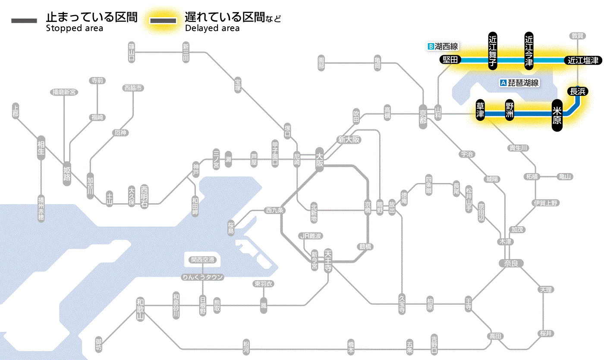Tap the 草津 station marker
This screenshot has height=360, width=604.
pyautogui.click(x=480, y=111)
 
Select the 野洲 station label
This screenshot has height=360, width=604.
pyautogui.click(x=510, y=111)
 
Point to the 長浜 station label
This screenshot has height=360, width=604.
pyautogui.click(x=577, y=92)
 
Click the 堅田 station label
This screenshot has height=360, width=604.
pyautogui.click(x=450, y=60)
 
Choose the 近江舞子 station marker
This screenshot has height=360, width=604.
pyautogui.click(x=493, y=50)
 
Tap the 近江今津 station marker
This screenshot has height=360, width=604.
pyautogui.click(x=529, y=50)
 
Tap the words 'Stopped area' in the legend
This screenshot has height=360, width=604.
pyautogui.click(x=74, y=28)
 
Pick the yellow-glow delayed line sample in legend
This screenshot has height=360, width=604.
pyautogui.click(x=163, y=21)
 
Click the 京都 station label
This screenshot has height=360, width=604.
pyautogui.click(x=423, y=116)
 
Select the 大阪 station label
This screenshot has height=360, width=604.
pyautogui.click(x=319, y=159)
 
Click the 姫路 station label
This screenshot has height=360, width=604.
pyautogui.click(x=67, y=174)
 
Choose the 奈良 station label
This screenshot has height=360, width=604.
pyautogui.click(x=511, y=263)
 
